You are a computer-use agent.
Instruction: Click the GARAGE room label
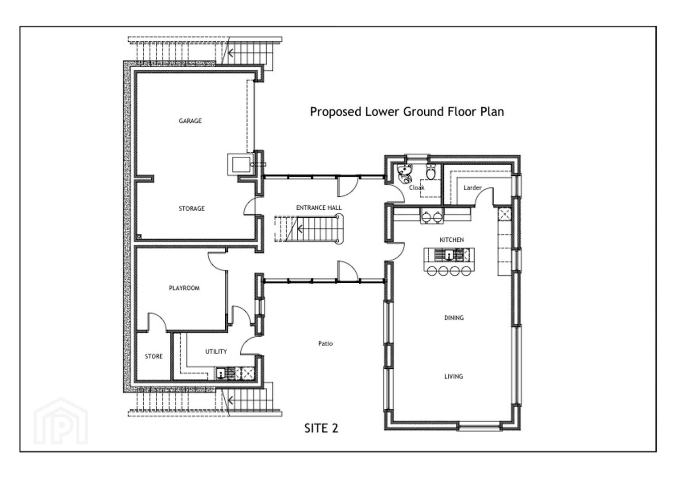pos(190,121)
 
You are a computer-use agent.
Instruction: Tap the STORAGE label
pos(192,208)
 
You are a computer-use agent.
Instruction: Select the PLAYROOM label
pos(184,288)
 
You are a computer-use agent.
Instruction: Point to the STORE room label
pos(154,356)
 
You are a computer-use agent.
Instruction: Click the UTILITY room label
pos(216,351)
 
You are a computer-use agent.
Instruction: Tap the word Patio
pos(325,343)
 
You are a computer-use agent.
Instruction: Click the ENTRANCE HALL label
pos(319,208)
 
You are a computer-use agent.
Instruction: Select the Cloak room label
pos(417,188)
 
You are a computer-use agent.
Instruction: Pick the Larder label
pos(472,188)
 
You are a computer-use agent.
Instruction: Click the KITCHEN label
pos(452,240)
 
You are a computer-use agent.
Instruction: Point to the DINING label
pos(454,318)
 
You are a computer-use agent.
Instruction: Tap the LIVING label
pos(453,376)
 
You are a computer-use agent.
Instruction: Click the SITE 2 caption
pos(321,428)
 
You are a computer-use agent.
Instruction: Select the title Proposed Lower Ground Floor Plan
pos(407,112)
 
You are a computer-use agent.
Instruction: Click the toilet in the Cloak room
pos(431,172)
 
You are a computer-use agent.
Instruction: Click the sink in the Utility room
pos(221,374)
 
